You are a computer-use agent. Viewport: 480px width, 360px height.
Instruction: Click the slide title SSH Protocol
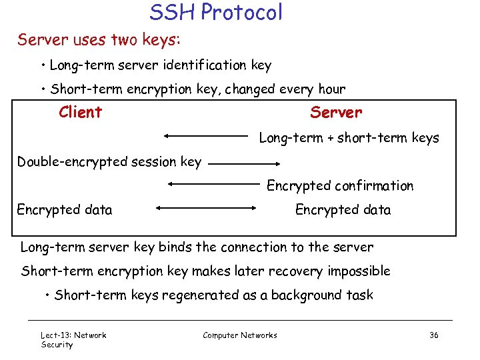[215, 12]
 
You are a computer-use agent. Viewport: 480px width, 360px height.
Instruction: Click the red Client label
[80, 112]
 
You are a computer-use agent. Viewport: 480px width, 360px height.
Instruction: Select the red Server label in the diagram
[336, 112]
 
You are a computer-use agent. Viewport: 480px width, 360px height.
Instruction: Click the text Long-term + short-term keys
[349, 138]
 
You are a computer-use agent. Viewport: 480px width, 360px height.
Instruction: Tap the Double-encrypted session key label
[109, 162]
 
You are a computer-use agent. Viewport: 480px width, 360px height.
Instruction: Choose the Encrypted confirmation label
[340, 186]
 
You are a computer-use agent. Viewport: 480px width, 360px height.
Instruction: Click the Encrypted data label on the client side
[65, 210]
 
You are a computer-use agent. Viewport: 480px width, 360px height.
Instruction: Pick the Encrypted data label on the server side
[343, 210]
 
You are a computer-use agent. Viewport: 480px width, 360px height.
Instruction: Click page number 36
[434, 335]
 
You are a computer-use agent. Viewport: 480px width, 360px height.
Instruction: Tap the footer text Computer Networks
[240, 335]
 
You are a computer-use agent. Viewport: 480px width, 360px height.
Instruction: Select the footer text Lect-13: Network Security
[73, 339]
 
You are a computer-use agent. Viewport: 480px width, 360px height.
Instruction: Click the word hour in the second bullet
[331, 89]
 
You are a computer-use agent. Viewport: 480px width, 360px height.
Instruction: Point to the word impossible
[358, 271]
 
